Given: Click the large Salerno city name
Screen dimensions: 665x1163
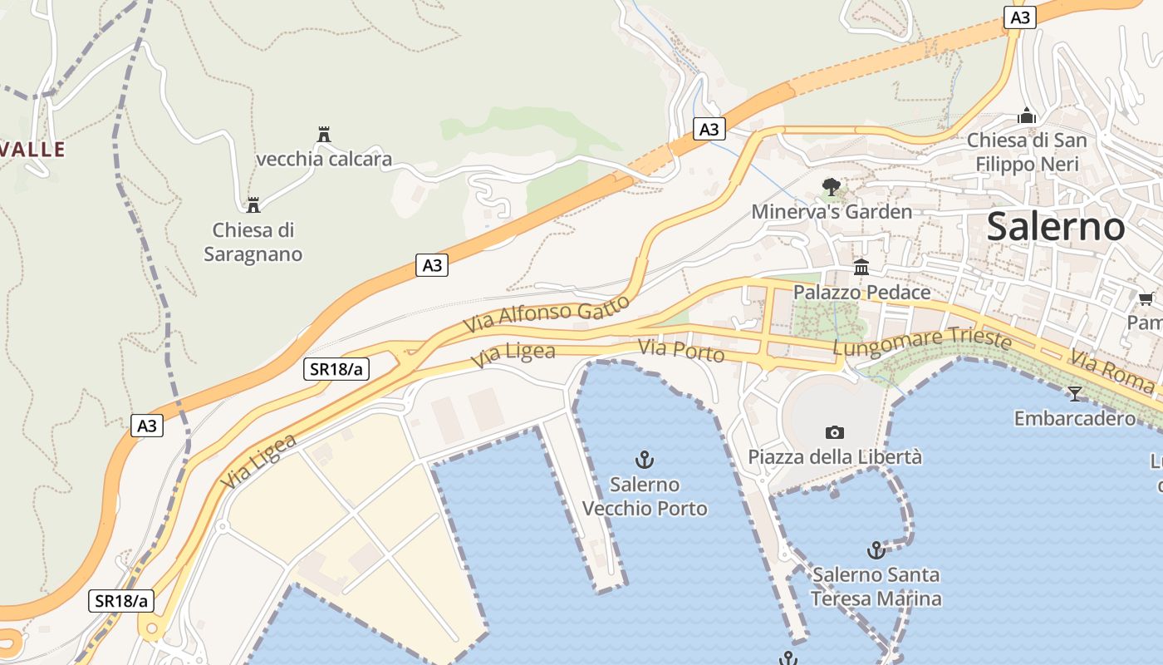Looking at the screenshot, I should tap(1056, 226).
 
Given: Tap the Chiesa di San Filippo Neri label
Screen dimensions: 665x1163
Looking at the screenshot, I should tap(1027, 152).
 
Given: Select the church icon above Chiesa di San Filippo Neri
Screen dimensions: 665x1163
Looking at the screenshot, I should tap(1028, 116).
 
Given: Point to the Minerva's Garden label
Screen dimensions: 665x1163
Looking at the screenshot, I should tap(832, 212).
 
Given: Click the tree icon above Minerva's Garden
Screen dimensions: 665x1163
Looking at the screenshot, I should tap(831, 187).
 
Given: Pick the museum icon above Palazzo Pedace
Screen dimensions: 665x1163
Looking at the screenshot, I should tap(861, 268).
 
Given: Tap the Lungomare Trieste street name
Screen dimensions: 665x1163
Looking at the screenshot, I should tap(922, 342).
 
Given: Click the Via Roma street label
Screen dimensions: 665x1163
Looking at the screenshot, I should tap(1111, 372).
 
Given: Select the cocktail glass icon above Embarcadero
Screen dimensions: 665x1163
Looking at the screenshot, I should tap(1075, 394).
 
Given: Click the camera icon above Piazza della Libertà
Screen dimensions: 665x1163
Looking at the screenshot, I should tap(835, 432).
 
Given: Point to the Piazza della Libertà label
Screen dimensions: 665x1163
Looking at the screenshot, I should tap(835, 457).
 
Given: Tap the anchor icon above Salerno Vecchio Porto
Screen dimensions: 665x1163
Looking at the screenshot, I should tap(645, 459).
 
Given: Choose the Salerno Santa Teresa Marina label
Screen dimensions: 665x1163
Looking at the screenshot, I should tap(876, 586).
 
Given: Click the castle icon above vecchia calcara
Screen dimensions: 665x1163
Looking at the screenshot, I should tap(324, 135).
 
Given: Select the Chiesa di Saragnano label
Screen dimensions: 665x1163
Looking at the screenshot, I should tap(253, 242).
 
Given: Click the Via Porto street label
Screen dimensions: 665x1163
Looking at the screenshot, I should tap(681, 351).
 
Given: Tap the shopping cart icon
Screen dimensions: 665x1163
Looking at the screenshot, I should tap(1146, 298).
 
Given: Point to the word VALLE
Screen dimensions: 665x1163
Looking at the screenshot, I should tap(32, 150).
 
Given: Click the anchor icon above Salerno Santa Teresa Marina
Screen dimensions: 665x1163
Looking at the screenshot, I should tap(876, 549).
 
